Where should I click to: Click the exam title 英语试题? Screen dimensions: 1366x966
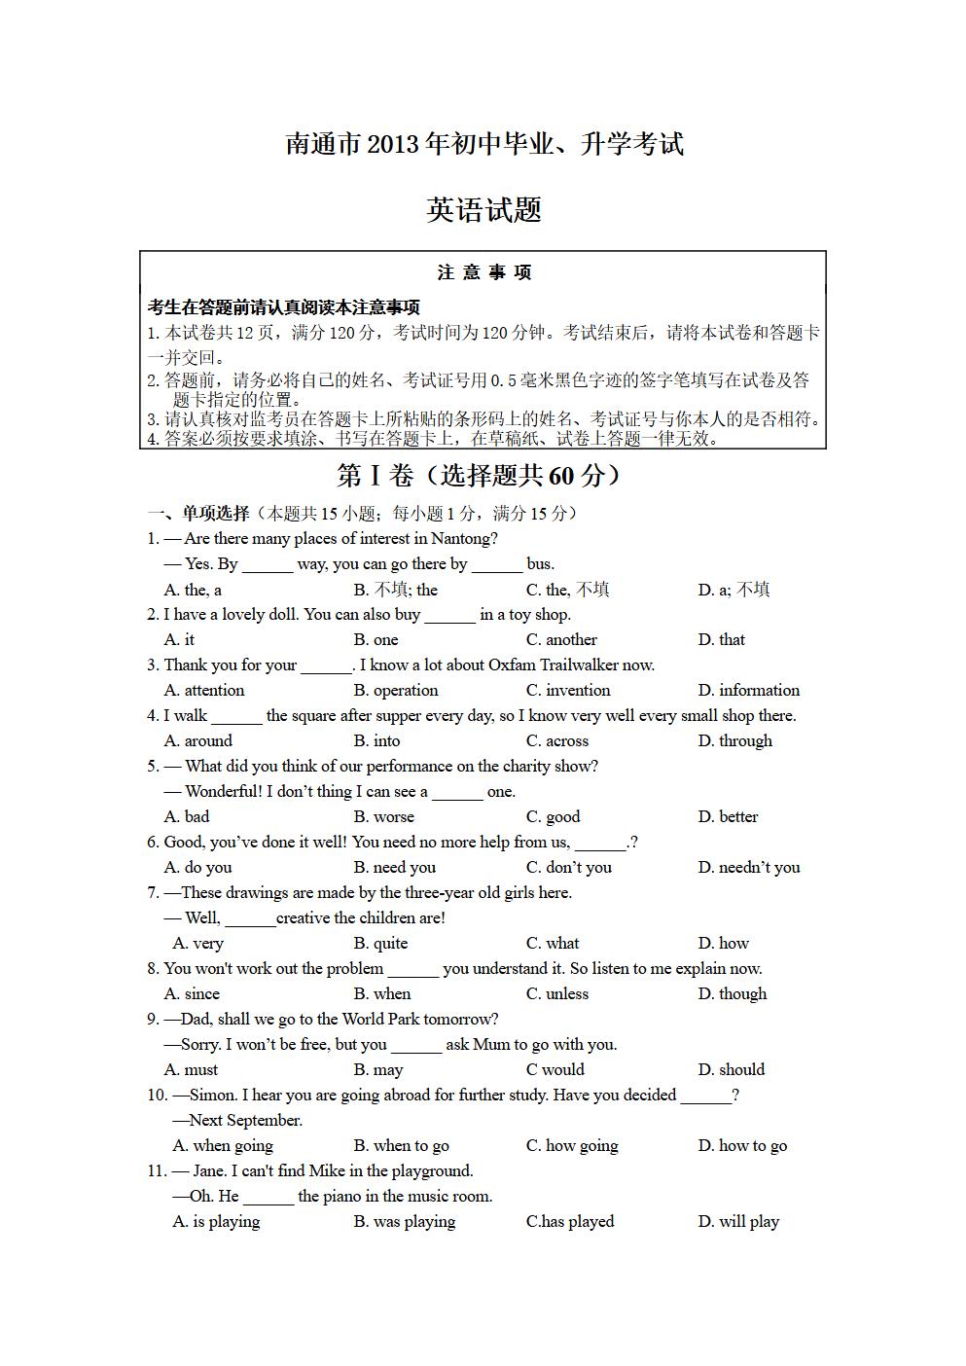click(x=483, y=210)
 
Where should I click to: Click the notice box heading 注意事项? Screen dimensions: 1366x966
click(x=483, y=272)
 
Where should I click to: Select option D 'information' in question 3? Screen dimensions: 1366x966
click(x=748, y=690)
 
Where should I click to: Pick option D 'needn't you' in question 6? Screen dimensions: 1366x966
click(x=748, y=867)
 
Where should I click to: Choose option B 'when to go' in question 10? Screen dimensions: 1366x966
click(x=401, y=1145)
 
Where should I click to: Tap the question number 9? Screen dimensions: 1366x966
click(x=153, y=1019)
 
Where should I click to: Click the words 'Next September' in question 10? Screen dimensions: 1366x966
click(x=246, y=1120)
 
